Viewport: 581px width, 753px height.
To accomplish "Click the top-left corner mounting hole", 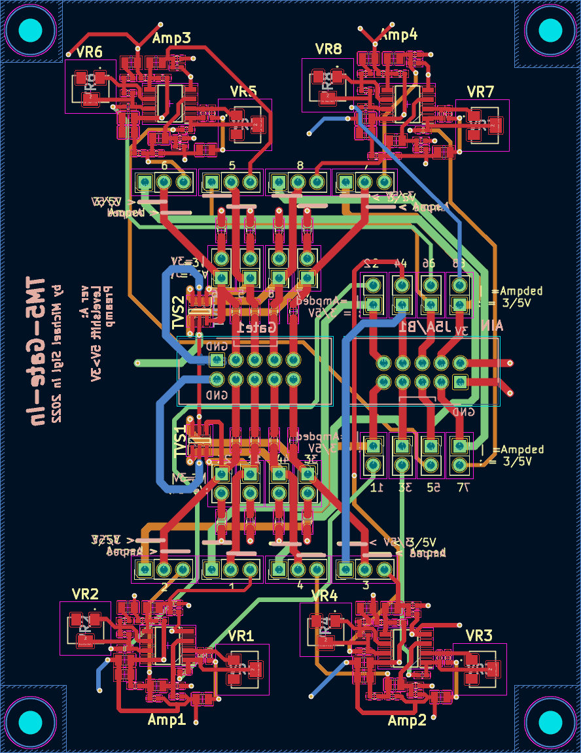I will tap(30, 30).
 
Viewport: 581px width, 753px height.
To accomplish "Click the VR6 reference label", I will tap(90, 52).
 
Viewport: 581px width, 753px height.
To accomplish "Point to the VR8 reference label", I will tap(328, 49).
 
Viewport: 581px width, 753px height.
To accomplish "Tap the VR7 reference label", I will tap(480, 92).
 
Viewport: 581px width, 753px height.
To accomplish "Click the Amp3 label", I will tap(171, 39).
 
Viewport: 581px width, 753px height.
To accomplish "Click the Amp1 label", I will tap(167, 720).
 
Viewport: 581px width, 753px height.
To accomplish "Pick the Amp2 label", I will tap(407, 720).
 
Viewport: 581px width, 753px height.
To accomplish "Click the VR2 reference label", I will tap(86, 594).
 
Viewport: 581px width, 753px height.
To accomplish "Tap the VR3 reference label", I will tap(479, 635).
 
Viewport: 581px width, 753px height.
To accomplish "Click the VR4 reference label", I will tap(325, 595).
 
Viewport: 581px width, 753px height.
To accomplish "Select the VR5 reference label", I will tap(243, 92).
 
